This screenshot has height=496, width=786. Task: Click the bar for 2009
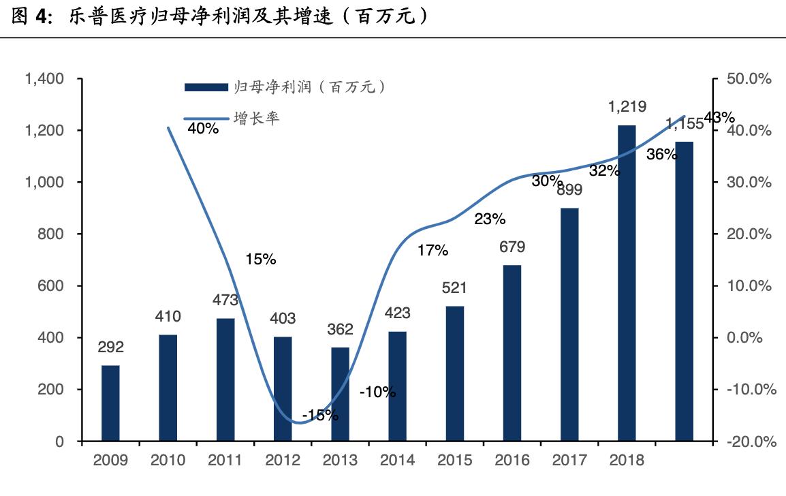pyautogui.click(x=110, y=403)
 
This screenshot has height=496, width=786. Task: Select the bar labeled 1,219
pyautogui.click(x=627, y=283)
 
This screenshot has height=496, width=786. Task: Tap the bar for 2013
pyautogui.click(x=340, y=394)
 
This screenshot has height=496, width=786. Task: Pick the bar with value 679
pyautogui.click(x=512, y=352)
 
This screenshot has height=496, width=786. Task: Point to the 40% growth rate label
pyautogui.click(x=202, y=128)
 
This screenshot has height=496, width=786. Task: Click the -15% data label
pyautogui.click(x=320, y=415)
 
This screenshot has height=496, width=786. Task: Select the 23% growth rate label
pyautogui.click(x=490, y=219)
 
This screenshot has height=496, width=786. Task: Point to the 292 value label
pyautogui.click(x=110, y=347)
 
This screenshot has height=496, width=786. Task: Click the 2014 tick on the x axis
pyautogui.click(x=397, y=460)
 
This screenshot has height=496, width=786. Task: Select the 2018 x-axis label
pyautogui.click(x=627, y=460)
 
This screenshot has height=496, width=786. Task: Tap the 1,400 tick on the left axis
pyautogui.click(x=44, y=79)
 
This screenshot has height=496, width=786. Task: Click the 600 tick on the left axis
pyautogui.click(x=52, y=286)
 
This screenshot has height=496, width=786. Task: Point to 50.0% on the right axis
pyautogui.click(x=749, y=79)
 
